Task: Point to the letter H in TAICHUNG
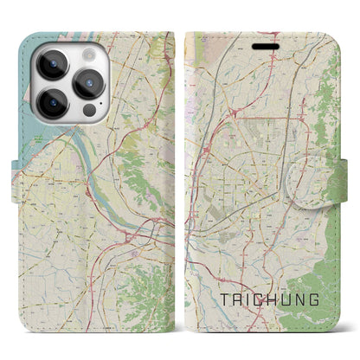pos(269,299)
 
